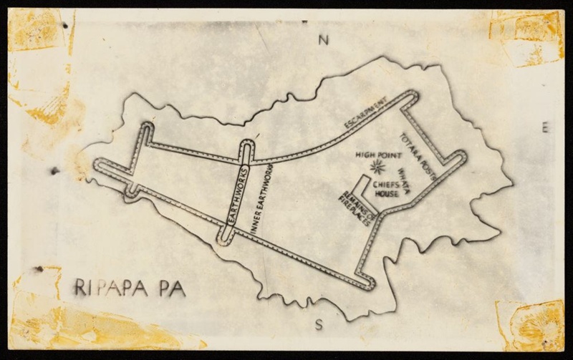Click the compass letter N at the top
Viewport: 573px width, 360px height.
pyautogui.click(x=323, y=40)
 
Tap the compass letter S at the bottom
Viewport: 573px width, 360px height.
pyautogui.click(x=319, y=324)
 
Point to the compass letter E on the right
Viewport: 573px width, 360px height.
pyautogui.click(x=545, y=128)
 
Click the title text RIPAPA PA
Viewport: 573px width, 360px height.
pyautogui.click(x=130, y=288)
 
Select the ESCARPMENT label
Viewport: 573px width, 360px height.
pyautogui.click(x=365, y=112)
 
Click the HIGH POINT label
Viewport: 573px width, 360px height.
pyautogui.click(x=379, y=155)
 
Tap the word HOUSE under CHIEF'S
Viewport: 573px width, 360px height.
pyautogui.click(x=385, y=193)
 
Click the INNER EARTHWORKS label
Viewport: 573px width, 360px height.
pyautogui.click(x=263, y=196)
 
